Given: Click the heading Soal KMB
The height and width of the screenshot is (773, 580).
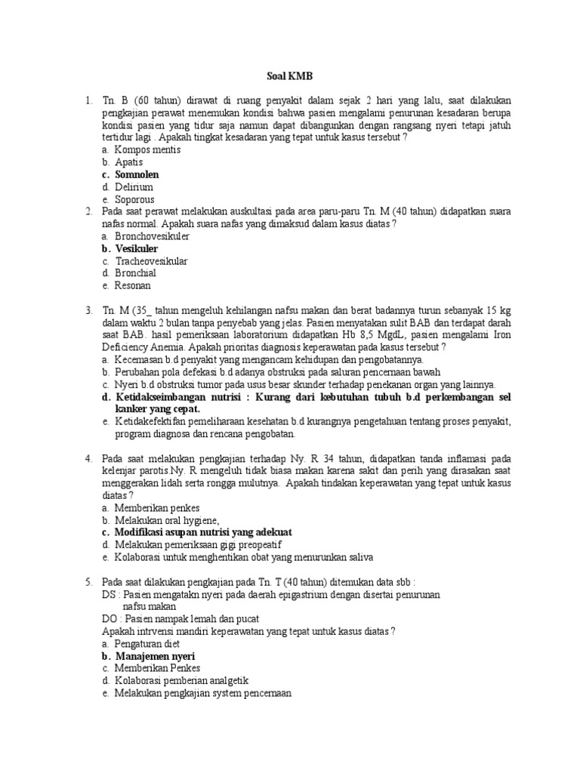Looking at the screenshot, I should (290, 77).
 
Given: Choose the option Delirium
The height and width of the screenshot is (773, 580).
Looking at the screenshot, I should (134, 186).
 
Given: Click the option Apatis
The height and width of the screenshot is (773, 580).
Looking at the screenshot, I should (128, 162).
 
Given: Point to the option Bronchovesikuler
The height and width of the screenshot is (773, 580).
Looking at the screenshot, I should (152, 236).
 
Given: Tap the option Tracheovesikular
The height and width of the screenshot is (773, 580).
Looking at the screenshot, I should (151, 260).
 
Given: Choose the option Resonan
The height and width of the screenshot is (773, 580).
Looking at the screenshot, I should (133, 285).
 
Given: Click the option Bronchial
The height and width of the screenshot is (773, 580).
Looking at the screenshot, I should (135, 273).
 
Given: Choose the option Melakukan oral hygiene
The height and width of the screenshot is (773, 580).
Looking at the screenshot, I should (167, 520).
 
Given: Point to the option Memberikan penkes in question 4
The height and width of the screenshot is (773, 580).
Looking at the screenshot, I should (151, 508).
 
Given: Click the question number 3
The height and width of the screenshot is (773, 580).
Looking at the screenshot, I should (88, 310).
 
